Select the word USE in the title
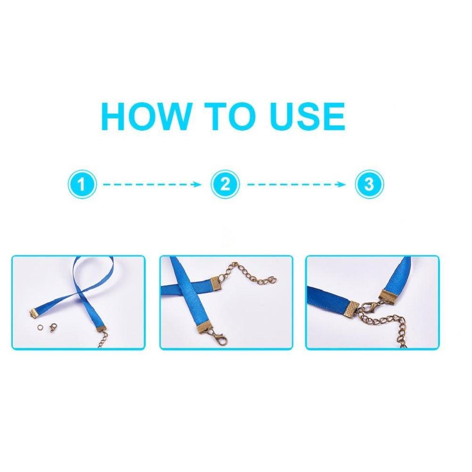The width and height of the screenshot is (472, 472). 307,117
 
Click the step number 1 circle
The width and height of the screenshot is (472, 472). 82,184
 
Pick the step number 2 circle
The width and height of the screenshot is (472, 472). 225,184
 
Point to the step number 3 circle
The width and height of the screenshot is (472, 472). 369,184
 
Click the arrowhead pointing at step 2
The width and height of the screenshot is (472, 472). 197,184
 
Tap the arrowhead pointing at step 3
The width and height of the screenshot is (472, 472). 342,184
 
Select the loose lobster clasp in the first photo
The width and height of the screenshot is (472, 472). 54,327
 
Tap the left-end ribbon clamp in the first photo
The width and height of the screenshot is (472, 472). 34,312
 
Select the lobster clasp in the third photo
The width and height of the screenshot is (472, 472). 369,308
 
